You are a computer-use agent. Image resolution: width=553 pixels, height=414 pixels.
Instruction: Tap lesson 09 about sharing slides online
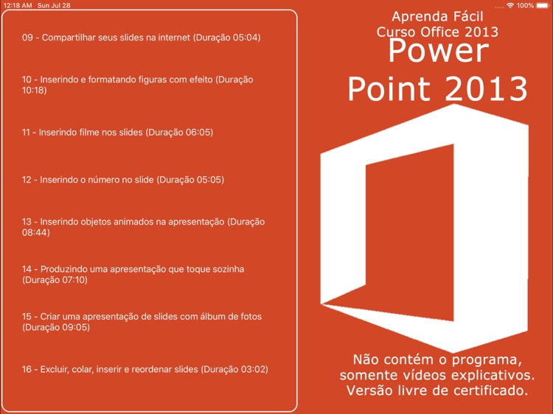(x=141, y=37)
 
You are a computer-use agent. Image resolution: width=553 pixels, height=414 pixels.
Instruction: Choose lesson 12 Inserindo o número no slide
(x=122, y=179)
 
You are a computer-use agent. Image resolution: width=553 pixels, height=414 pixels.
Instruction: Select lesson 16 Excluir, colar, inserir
(x=145, y=369)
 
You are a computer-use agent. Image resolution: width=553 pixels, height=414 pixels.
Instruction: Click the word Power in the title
(x=438, y=52)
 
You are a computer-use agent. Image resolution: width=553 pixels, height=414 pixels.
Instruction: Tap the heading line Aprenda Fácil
(x=437, y=15)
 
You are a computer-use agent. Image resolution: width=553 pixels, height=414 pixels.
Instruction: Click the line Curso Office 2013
(x=437, y=32)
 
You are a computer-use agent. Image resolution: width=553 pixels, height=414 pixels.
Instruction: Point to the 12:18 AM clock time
(x=18, y=5)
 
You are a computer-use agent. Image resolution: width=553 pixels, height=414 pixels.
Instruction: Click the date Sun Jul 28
(x=54, y=5)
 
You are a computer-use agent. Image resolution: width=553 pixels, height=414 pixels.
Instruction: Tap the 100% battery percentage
(x=525, y=5)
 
